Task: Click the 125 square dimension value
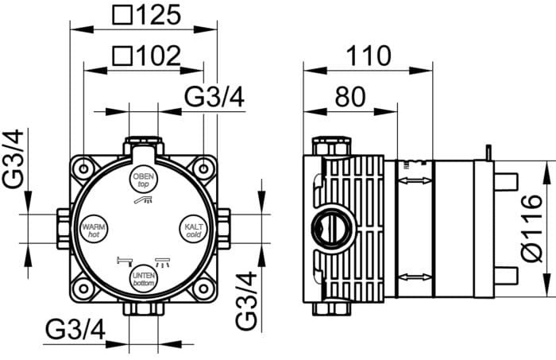(156, 14)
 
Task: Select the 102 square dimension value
(156, 55)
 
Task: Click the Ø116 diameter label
(533, 226)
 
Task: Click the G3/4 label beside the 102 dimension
(214, 96)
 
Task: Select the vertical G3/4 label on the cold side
(248, 301)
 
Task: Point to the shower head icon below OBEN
(144, 203)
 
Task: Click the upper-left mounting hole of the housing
(83, 168)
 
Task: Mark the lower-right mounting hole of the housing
(204, 290)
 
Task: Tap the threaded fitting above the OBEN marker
(144, 148)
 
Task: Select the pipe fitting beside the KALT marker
(224, 229)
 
